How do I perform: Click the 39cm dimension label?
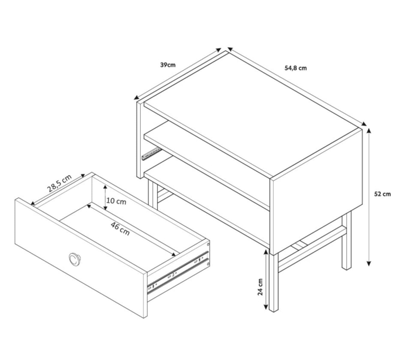click(x=168, y=65)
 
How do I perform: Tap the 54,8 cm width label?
click(x=295, y=68)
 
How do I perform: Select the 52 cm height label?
click(x=382, y=194)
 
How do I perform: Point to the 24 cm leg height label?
click(x=260, y=287)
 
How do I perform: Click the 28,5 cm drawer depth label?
click(x=59, y=183)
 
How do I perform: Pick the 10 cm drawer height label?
click(x=116, y=201)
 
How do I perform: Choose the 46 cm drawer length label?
click(x=120, y=229)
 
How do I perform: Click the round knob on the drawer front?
click(x=75, y=259)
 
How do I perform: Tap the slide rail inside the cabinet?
click(x=151, y=154)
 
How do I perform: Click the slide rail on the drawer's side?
click(x=178, y=273)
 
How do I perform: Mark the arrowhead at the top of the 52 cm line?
click(x=369, y=131)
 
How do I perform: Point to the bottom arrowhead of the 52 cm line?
click(x=369, y=263)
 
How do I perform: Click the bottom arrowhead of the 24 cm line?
click(x=266, y=307)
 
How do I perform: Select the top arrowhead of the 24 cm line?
click(x=266, y=253)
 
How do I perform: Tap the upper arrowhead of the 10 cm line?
click(x=105, y=188)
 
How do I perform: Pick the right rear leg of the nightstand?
click(x=346, y=240)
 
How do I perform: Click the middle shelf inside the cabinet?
click(x=206, y=165)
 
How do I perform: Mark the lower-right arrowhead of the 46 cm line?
click(x=174, y=254)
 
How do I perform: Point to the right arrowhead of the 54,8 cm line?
click(x=364, y=124)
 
